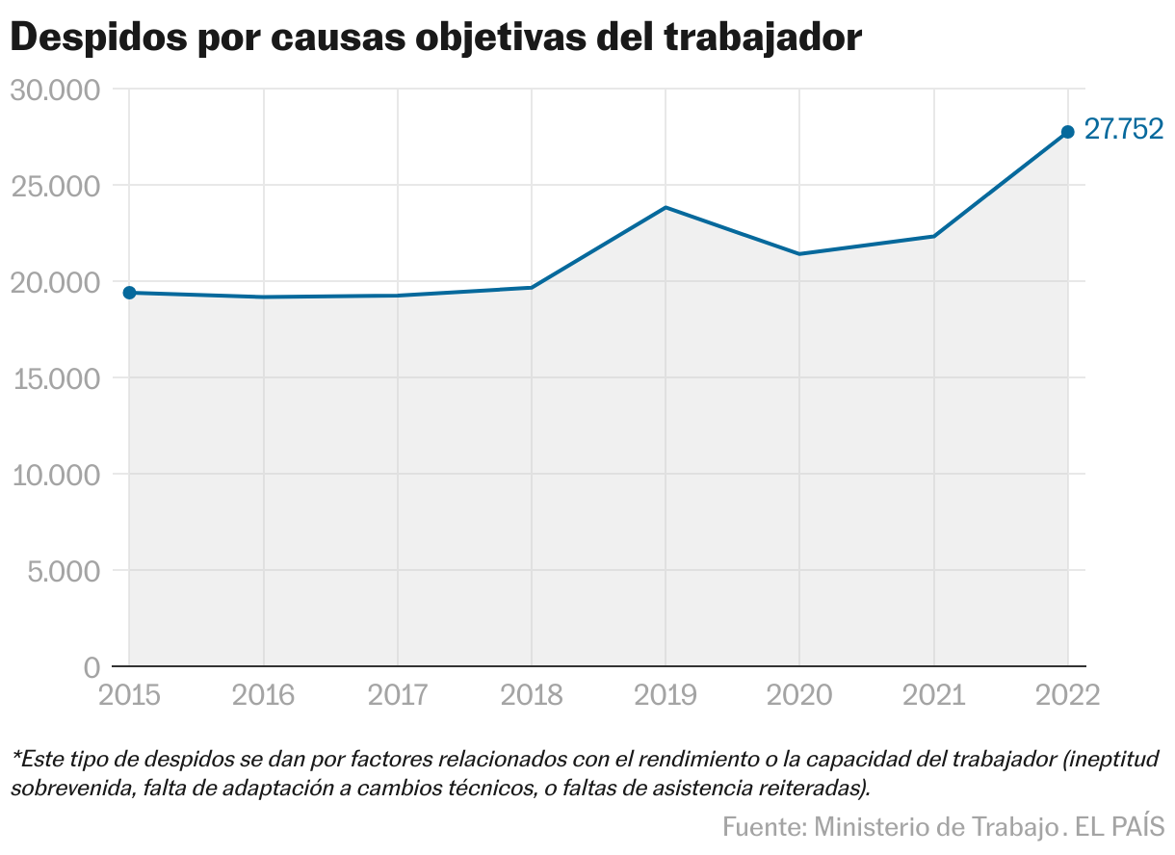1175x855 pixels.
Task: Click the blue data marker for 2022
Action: tap(1067, 132)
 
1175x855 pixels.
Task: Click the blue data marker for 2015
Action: tap(129, 293)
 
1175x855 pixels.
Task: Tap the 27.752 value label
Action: tap(1124, 129)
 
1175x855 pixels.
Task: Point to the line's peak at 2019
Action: tap(666, 208)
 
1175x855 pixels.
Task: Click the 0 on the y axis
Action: tap(91, 667)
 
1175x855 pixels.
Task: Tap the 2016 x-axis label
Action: tap(263, 695)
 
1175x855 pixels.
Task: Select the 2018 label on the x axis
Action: tap(531, 695)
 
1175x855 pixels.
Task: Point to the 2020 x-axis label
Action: tap(798, 695)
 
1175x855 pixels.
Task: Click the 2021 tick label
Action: tap(933, 695)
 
